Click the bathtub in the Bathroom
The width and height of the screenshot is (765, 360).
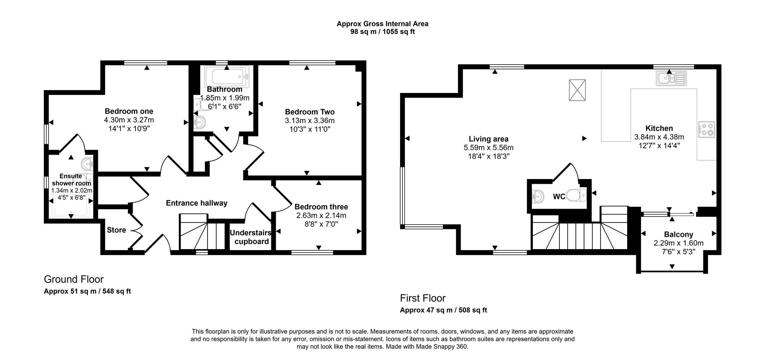pyautogui.click(x=226, y=76)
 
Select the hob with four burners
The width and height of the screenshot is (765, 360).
pyautogui.click(x=706, y=130)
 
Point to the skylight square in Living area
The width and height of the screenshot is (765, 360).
pyautogui.click(x=577, y=90)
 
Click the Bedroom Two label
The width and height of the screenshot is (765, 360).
pyautogui.click(x=310, y=112)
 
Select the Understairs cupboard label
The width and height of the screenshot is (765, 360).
pyautogui.click(x=251, y=237)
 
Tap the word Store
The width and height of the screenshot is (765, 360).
pyautogui.click(x=116, y=230)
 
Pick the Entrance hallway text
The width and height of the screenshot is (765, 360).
pyautogui.click(x=196, y=203)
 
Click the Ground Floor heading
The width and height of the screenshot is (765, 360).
pyautogui.click(x=74, y=279)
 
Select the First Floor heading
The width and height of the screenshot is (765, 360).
pyautogui.click(x=423, y=298)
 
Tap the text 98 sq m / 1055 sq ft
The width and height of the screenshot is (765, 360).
pyautogui.click(x=382, y=31)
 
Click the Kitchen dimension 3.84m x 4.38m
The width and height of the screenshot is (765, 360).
pyautogui.click(x=659, y=137)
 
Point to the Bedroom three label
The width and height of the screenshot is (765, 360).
pyautogui.click(x=321, y=207)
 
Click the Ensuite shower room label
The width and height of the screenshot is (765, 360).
pyautogui.click(x=71, y=179)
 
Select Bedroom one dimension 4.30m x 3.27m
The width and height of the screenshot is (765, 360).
pyautogui.click(x=129, y=120)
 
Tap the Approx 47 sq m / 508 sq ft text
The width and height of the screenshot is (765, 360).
pyautogui.click(x=443, y=310)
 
